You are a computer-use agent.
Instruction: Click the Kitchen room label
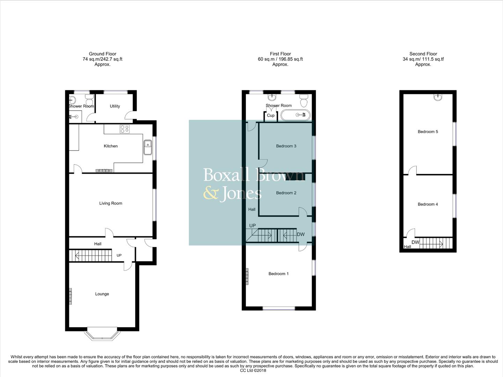click(x=111, y=146)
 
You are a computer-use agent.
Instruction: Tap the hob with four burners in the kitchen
click(x=125, y=129)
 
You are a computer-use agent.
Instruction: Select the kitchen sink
click(x=148, y=147)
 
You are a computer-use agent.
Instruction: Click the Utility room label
click(x=115, y=106)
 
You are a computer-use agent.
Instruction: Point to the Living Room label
click(x=111, y=204)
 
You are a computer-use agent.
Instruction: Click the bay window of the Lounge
click(x=102, y=335)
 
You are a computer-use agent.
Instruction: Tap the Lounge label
click(x=102, y=294)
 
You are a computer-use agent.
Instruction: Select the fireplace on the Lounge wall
click(x=71, y=296)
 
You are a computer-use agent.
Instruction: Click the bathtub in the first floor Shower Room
click(x=295, y=115)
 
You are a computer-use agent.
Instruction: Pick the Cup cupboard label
click(x=271, y=116)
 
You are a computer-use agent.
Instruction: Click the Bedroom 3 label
click(x=286, y=146)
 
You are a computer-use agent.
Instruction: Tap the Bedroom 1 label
click(x=278, y=274)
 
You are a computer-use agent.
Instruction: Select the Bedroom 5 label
click(x=428, y=132)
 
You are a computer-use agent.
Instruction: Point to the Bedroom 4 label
click(x=428, y=205)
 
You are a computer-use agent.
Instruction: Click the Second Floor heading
click(x=423, y=54)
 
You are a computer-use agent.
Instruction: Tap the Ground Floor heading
click(x=102, y=54)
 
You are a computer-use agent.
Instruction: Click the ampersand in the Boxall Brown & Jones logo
click(x=210, y=193)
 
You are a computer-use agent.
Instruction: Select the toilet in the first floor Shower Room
click(x=304, y=101)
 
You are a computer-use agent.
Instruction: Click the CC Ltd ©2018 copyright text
click(x=253, y=371)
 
